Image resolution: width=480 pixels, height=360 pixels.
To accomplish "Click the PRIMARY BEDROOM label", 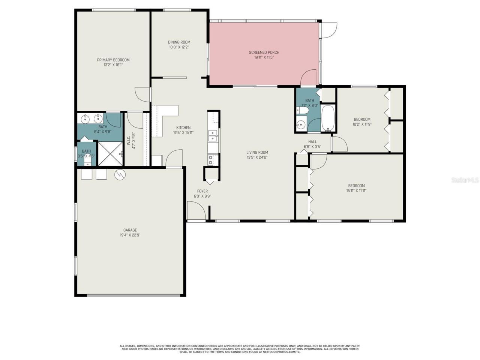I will pyautogui.click(x=113, y=60).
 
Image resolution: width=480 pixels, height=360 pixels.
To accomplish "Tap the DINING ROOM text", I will pyautogui.click(x=179, y=42).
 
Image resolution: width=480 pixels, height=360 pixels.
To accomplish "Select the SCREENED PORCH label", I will pyautogui.click(x=264, y=52).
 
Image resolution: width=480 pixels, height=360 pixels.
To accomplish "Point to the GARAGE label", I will pyautogui.click(x=130, y=230).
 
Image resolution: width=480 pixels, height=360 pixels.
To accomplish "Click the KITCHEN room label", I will pyautogui.click(x=183, y=127).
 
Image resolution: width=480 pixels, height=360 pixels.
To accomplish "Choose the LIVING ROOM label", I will pyautogui.click(x=257, y=152).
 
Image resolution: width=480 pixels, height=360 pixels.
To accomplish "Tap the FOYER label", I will pyautogui.click(x=202, y=191).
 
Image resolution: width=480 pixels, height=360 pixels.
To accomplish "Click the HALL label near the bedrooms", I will pyautogui.click(x=312, y=142).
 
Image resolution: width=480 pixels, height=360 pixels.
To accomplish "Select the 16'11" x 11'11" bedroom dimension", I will pyautogui.click(x=356, y=190).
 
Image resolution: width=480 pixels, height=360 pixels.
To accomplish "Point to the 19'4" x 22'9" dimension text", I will pyautogui.click(x=130, y=235).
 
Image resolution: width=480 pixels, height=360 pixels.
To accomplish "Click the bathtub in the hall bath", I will pyautogui.click(x=328, y=118).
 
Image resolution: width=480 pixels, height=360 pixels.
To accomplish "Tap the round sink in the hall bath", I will pyautogui.click(x=300, y=125).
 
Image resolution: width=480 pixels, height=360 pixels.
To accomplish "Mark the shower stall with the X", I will pyautogui.click(x=110, y=154).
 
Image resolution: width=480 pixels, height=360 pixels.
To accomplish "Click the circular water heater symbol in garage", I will pyautogui.click(x=120, y=174).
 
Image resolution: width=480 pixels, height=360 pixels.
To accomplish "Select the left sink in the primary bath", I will pyautogui.click(x=85, y=119).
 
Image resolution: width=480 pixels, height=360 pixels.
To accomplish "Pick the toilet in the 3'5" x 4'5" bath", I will pyautogui.click(x=87, y=161).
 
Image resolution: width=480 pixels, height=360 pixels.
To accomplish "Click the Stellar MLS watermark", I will pyautogui.click(x=465, y=180).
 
